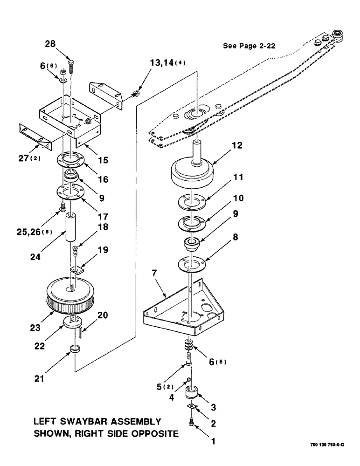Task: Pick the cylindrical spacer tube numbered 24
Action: [72, 227]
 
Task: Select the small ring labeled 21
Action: [74, 349]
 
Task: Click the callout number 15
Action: [104, 160]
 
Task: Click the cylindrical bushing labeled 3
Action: [192, 393]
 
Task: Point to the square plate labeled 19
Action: [76, 269]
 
